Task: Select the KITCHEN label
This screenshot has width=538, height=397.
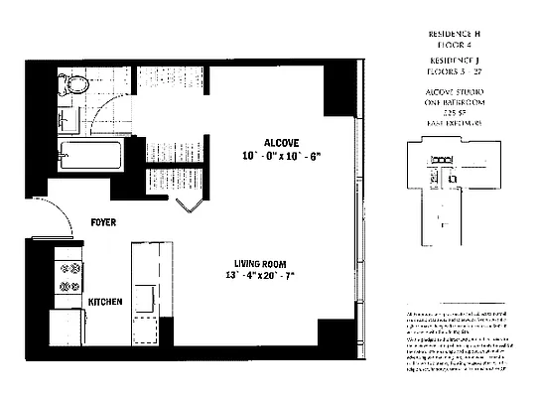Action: pyautogui.click(x=105, y=302)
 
